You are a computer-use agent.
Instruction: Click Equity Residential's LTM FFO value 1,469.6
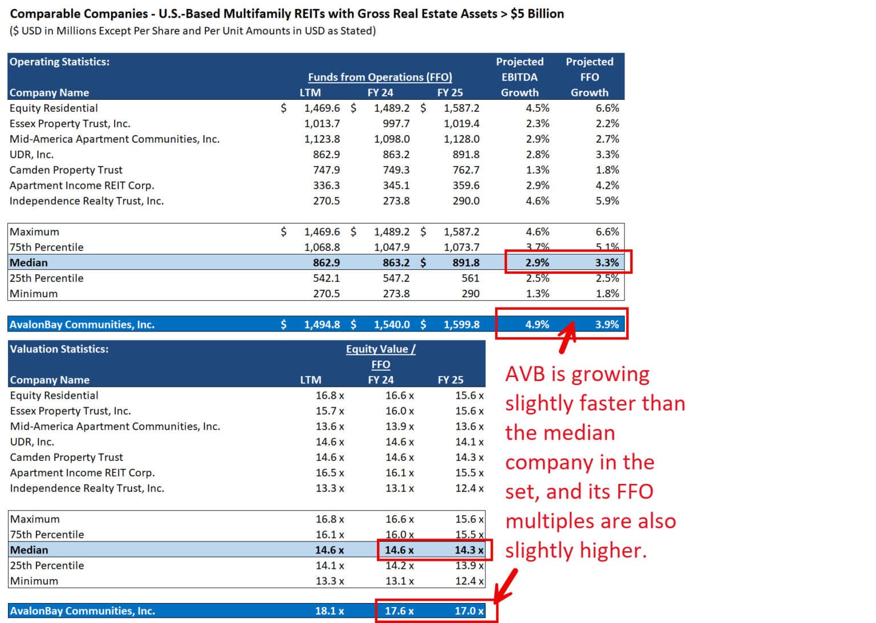(x=322, y=108)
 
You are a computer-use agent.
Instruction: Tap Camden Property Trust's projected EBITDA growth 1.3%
(x=537, y=170)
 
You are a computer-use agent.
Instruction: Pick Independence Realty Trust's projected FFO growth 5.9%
(x=607, y=201)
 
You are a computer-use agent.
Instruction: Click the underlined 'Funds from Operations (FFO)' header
(x=380, y=77)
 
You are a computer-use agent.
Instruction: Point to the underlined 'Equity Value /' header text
(x=380, y=349)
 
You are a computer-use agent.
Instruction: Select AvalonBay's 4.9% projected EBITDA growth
(x=537, y=325)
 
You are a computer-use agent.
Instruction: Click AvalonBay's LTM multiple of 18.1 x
(x=329, y=611)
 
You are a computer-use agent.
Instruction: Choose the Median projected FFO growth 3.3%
(x=607, y=263)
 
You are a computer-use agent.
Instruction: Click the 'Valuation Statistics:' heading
(x=59, y=349)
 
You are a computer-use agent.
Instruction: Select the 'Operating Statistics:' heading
(x=59, y=62)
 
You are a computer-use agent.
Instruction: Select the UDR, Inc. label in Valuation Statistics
(x=32, y=442)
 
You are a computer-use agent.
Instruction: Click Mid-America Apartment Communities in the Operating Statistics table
(x=114, y=139)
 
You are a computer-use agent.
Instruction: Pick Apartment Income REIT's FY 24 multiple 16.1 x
(x=399, y=473)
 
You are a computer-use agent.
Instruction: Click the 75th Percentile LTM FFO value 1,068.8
(x=322, y=248)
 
